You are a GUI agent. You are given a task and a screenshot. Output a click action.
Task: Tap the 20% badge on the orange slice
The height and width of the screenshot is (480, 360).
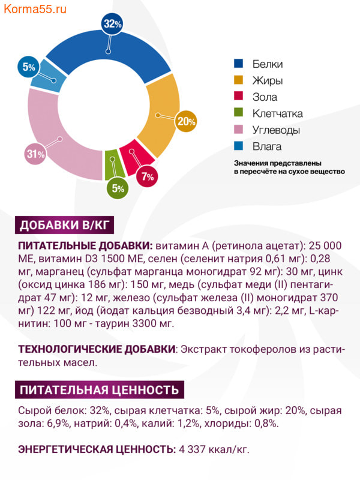click(x=186, y=121)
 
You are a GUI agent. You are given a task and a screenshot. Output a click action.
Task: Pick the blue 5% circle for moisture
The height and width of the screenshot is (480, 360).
click(x=29, y=67)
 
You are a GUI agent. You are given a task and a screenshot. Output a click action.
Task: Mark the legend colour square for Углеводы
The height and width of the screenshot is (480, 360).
click(x=239, y=130)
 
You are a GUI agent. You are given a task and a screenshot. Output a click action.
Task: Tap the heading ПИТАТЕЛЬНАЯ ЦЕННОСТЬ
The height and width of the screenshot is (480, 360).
click(x=99, y=390)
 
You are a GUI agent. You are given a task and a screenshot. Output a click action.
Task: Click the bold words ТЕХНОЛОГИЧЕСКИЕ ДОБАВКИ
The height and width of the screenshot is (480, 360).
click(x=97, y=349)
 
